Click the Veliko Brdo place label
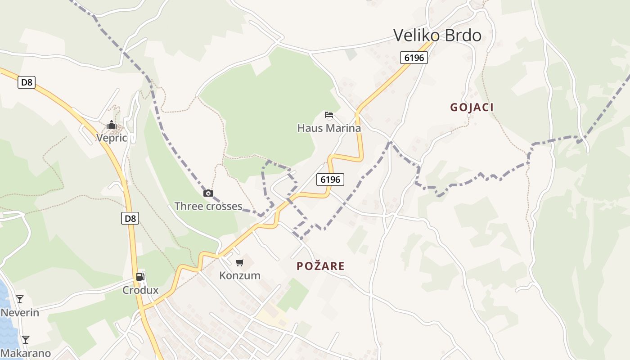pos(437,35)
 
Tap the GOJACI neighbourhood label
pos(472,107)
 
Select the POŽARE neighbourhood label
pos(320,266)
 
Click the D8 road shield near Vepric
pos(27,82)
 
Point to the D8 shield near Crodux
pos(130,219)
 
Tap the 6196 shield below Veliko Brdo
pos(414,58)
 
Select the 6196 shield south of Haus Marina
pos(330,180)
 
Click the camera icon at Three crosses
pos(208,193)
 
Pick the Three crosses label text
pos(208,207)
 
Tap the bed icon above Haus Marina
pos(329,115)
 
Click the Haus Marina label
pos(329,128)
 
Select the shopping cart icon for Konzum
pos(240,262)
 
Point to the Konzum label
pos(240,275)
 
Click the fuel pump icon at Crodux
pos(140,277)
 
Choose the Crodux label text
pos(140,290)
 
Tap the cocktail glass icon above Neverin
pos(20,299)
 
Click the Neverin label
pos(20,312)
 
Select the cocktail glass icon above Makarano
pos(26,339)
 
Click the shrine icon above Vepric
pos(112,125)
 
